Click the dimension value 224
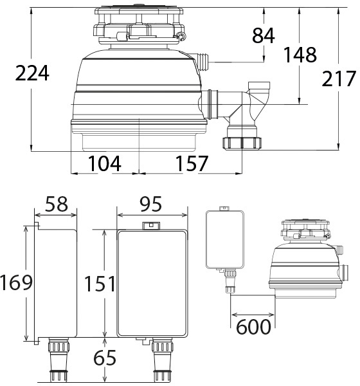[x=32, y=73]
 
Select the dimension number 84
[x=263, y=35]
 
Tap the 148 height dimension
[x=300, y=55]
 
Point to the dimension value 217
[x=339, y=78]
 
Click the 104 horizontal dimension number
[x=104, y=163]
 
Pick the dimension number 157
[x=192, y=163]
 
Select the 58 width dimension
[x=57, y=204]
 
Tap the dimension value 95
[x=151, y=204]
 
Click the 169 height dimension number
[x=16, y=282]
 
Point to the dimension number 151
[x=100, y=284]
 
